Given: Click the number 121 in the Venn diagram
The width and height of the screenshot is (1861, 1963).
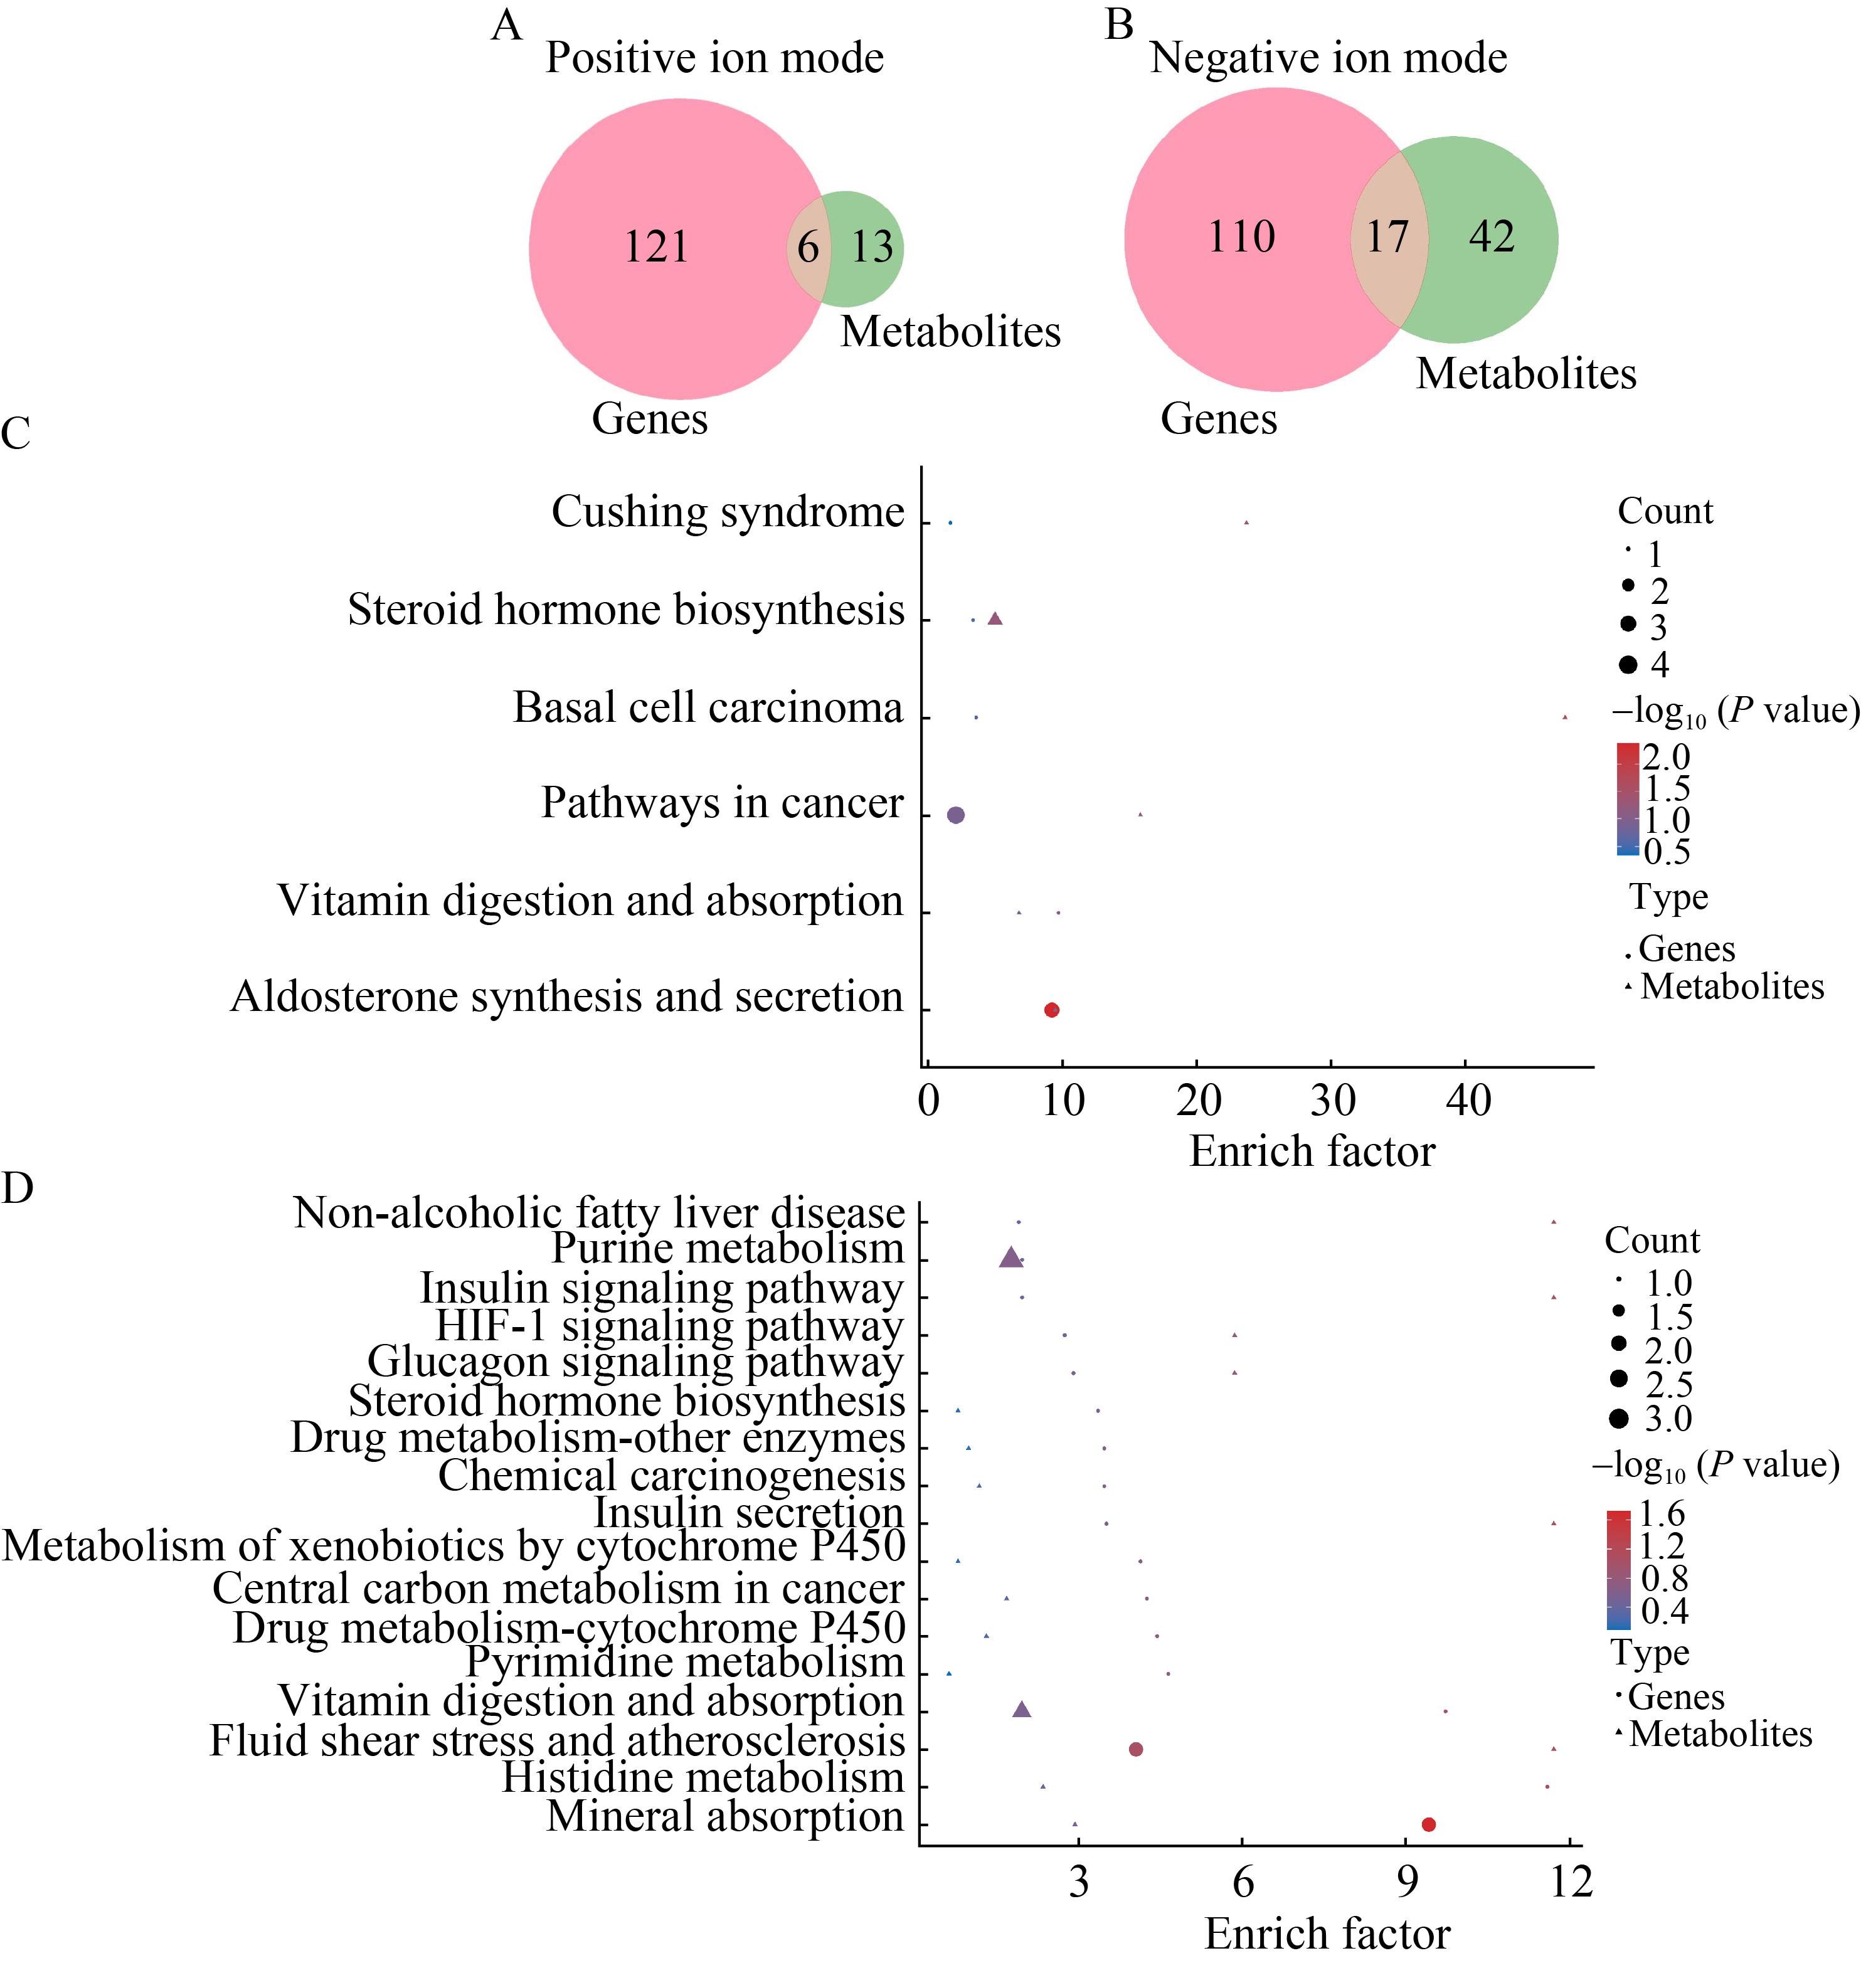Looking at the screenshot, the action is click(x=655, y=246).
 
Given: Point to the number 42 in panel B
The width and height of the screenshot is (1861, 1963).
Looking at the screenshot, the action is click(x=1492, y=236).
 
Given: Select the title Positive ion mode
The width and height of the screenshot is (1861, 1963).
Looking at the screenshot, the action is click(x=714, y=58).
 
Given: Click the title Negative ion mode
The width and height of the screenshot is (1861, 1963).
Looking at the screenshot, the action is click(x=1328, y=58).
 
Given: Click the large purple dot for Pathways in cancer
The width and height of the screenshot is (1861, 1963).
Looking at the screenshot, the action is click(x=955, y=814).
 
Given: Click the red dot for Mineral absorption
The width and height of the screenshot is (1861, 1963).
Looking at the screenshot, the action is click(x=1428, y=1824).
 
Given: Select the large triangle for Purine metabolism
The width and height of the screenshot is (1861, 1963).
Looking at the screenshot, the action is click(x=1011, y=1257).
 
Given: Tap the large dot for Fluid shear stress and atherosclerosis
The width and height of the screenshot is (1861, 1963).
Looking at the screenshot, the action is click(x=1136, y=1749).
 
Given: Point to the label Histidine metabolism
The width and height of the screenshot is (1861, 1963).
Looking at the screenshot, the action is click(x=703, y=1777).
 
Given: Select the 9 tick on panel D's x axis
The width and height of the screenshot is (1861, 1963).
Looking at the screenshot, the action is click(x=1407, y=1881).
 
